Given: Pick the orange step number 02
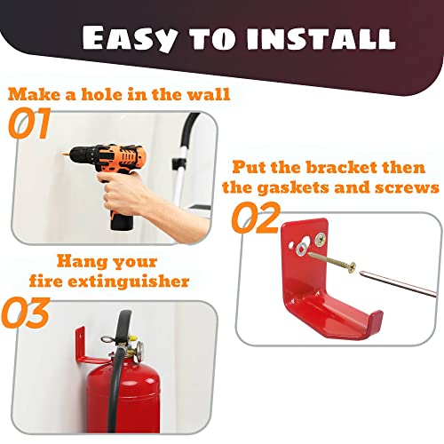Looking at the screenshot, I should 257,218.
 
